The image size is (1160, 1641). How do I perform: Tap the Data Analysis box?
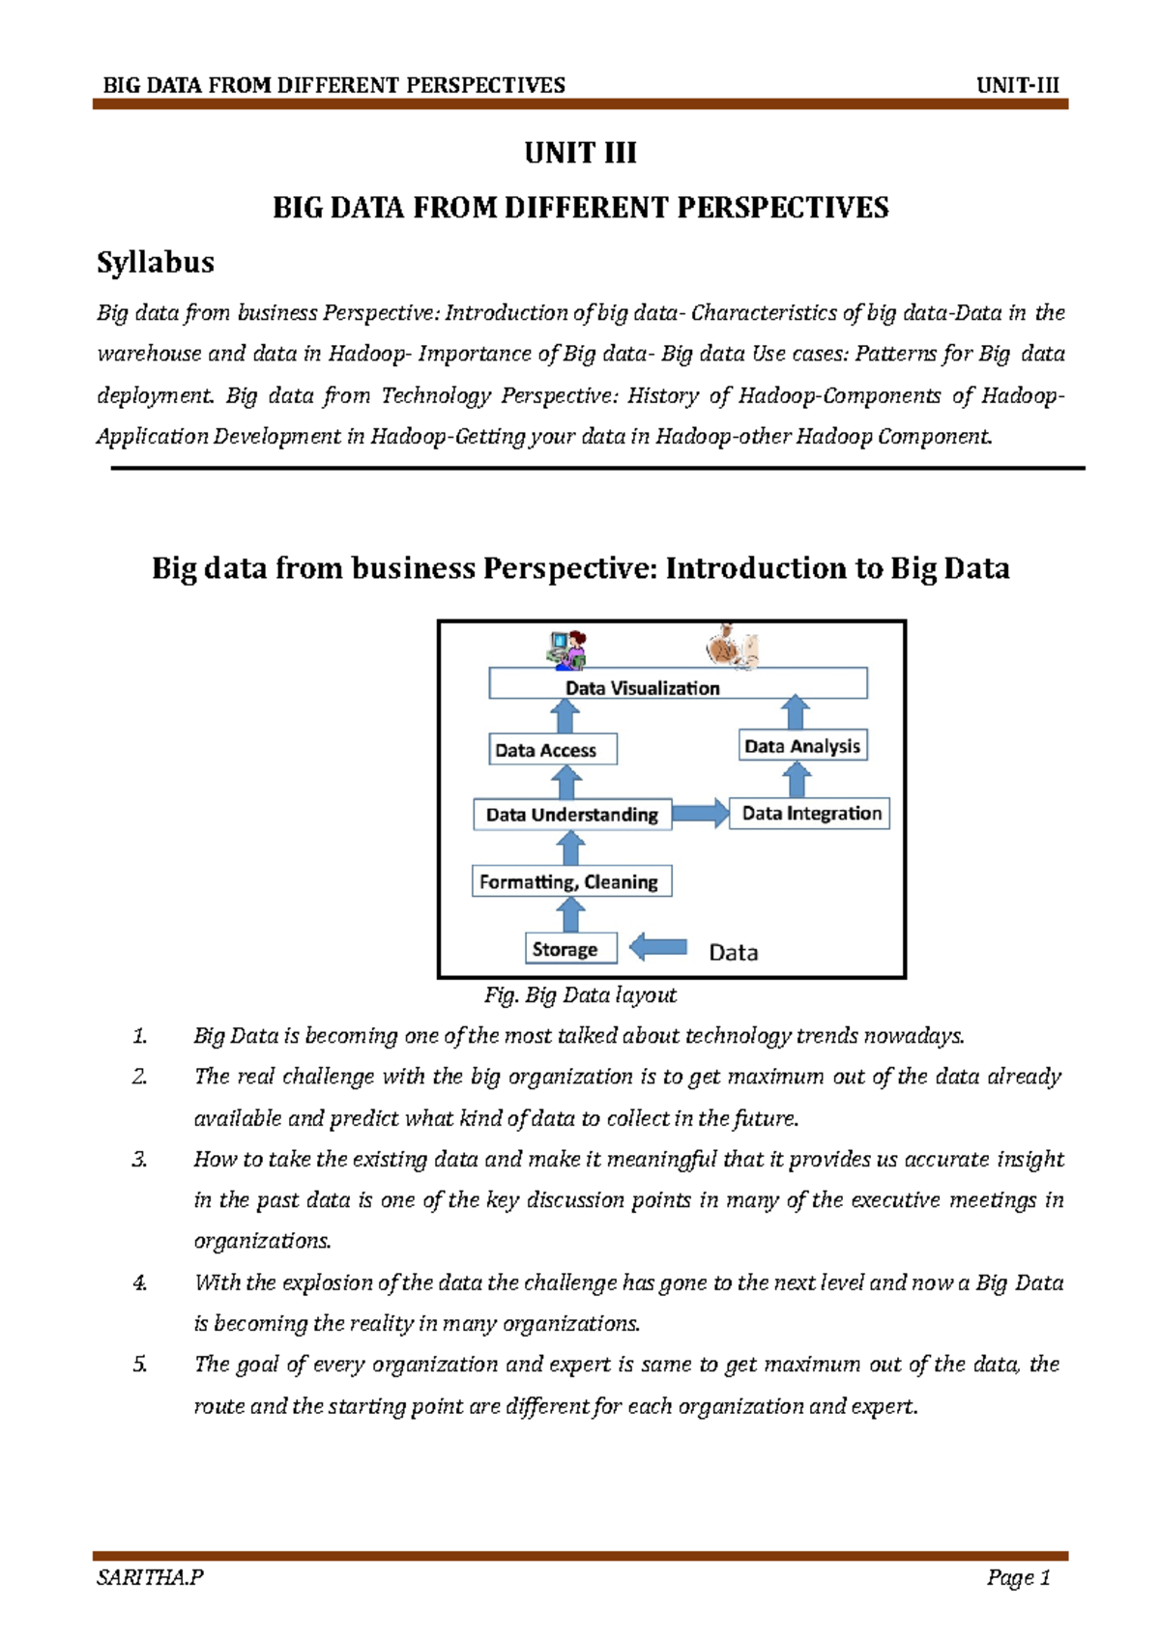pyautogui.click(x=802, y=746)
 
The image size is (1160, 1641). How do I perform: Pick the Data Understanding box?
pyautogui.click(x=572, y=815)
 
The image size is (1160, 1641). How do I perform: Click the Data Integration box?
pyautogui.click(x=810, y=814)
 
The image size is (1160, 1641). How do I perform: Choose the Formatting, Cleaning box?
pyautogui.click(x=571, y=881)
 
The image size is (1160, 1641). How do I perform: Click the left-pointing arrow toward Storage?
pyautogui.click(x=658, y=947)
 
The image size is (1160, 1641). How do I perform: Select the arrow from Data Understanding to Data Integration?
pyautogui.click(x=700, y=813)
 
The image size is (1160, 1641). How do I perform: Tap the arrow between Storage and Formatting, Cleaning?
pyautogui.click(x=571, y=914)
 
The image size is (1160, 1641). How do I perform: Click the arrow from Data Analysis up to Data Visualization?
pyautogui.click(x=795, y=712)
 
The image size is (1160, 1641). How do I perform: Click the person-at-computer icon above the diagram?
pyautogui.click(x=567, y=649)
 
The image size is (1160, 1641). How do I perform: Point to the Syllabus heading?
pyautogui.click(x=156, y=262)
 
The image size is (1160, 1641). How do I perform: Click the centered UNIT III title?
pyautogui.click(x=580, y=153)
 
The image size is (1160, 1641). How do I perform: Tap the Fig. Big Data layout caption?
pyautogui.click(x=580, y=995)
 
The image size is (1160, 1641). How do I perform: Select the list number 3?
pyautogui.click(x=139, y=1160)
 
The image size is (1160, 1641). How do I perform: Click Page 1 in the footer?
pyautogui.click(x=1018, y=1578)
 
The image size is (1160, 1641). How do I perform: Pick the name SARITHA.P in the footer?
pyautogui.click(x=150, y=1578)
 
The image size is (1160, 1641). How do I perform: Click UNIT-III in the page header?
pyautogui.click(x=1018, y=85)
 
